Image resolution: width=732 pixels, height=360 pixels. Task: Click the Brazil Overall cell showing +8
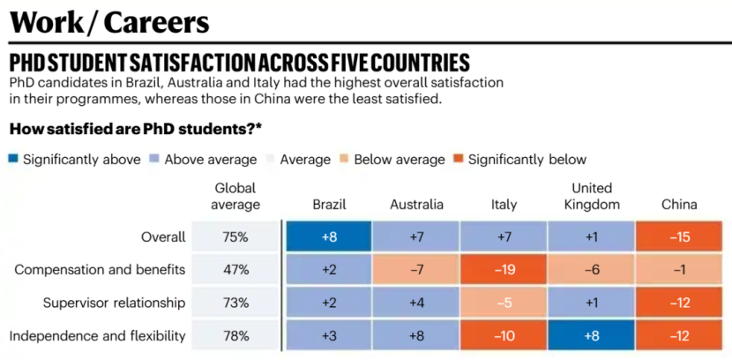(328, 236)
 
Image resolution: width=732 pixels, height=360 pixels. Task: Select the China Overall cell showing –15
(679, 236)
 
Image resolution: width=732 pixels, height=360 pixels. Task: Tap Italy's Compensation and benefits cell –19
(504, 270)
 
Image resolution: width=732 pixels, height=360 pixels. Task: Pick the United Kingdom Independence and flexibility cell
(591, 335)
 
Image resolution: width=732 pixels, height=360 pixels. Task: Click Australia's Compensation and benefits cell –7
(416, 270)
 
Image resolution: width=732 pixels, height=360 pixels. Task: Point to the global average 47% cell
(235, 270)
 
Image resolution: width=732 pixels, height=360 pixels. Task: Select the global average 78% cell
(235, 335)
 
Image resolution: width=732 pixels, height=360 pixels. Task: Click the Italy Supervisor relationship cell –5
(504, 303)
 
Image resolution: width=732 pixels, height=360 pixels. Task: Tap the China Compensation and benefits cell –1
(679, 270)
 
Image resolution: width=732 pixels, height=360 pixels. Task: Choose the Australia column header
(416, 205)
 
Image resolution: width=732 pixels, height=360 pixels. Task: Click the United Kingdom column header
(591, 196)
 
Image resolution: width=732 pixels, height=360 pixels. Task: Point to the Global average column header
(235, 196)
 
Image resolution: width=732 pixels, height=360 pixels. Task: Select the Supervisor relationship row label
(115, 303)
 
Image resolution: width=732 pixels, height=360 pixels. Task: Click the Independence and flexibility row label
(101, 335)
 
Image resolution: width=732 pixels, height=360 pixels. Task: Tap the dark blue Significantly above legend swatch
(13, 160)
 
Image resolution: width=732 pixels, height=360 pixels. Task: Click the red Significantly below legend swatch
(459, 160)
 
